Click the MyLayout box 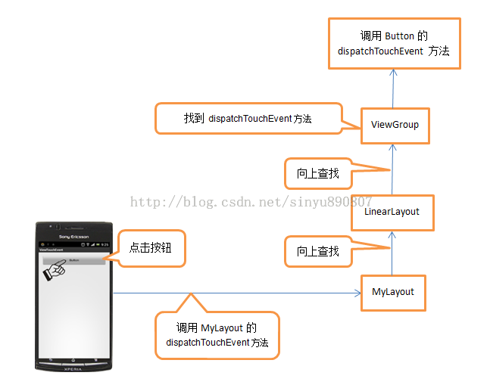click(392, 292)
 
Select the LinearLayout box click(392, 212)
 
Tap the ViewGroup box click(395, 124)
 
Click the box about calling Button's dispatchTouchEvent click(394, 43)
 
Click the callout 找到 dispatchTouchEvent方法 click(248, 119)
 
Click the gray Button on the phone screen click(73, 260)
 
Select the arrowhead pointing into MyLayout click(357, 293)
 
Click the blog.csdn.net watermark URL click(251, 201)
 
